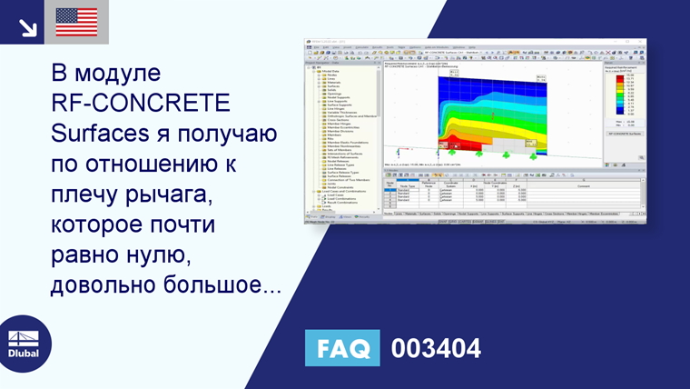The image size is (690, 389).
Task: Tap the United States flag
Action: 76,23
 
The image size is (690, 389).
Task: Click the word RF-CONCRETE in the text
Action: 140,103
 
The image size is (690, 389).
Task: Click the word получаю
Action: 222,134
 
